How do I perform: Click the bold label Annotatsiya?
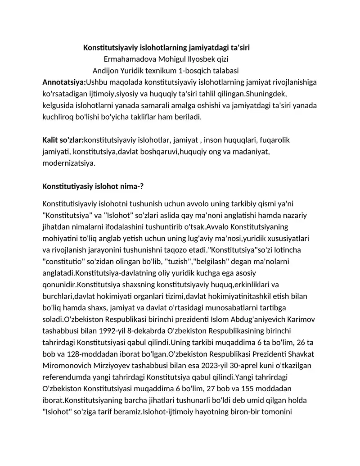[x=64, y=82]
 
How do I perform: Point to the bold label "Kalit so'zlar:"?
[x=63, y=140]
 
